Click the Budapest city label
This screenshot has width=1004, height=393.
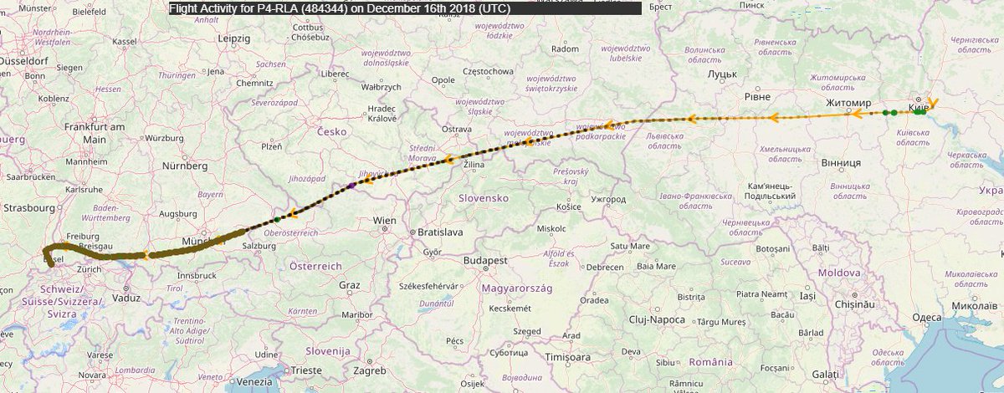click(x=485, y=261)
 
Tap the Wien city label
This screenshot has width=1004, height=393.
click(x=385, y=221)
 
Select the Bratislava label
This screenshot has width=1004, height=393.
click(x=441, y=231)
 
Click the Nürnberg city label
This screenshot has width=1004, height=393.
click(x=185, y=166)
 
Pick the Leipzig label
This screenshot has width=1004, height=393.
click(x=233, y=38)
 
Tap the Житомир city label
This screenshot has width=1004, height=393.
click(x=849, y=103)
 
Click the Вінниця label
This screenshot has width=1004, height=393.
click(x=841, y=162)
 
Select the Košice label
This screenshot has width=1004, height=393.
click(x=569, y=206)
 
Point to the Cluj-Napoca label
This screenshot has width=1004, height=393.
click(x=657, y=319)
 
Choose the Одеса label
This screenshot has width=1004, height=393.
click(x=926, y=317)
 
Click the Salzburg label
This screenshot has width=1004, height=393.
click(x=259, y=248)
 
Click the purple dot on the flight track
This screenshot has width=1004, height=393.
click(x=351, y=186)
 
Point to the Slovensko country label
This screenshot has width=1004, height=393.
click(x=484, y=198)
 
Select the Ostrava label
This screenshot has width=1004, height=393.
click(x=457, y=129)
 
